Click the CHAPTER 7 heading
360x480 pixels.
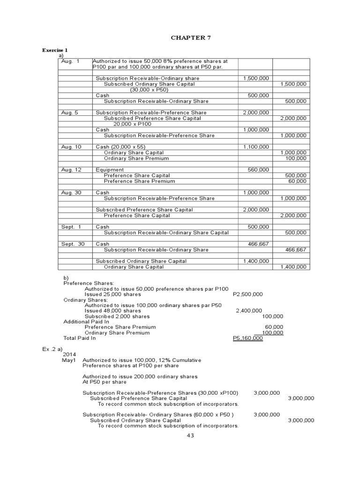coord(187,38)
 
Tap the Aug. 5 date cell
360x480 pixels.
coord(69,112)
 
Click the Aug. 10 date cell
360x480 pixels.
coord(71,147)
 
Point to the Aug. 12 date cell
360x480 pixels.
coord(71,170)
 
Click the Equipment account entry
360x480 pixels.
coord(110,170)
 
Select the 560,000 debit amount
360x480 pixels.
coord(258,170)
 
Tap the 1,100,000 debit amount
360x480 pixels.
coord(256,147)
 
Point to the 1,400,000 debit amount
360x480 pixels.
coord(256,261)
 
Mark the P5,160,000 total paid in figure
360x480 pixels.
coord(247,338)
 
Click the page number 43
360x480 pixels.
coord(190,435)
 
